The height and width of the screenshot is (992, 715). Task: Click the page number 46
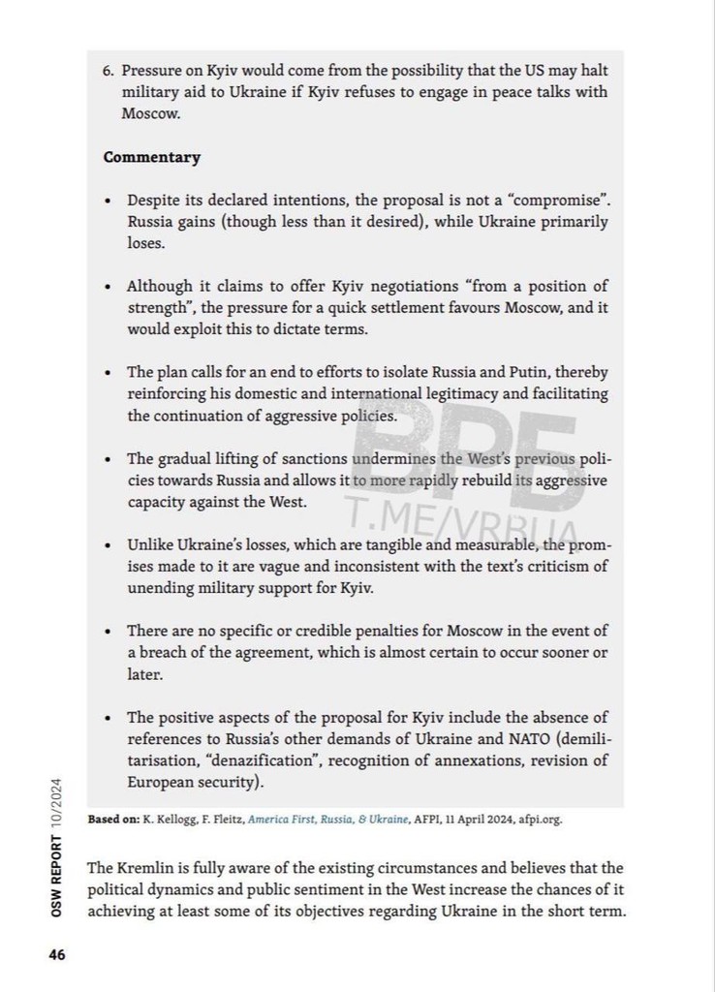[x=57, y=954]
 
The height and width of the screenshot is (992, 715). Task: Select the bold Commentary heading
[x=152, y=157]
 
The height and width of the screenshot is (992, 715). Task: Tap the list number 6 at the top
[x=108, y=71]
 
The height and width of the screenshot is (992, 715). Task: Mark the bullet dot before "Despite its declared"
[x=109, y=200]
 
